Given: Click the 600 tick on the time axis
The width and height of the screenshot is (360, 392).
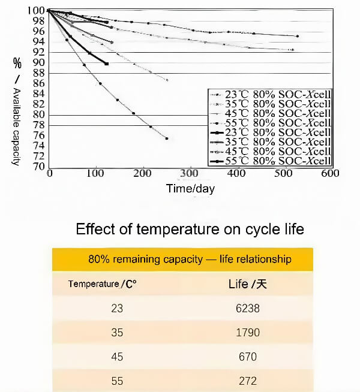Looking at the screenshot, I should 330,173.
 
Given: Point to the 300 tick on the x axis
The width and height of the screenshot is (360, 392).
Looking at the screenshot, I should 190,173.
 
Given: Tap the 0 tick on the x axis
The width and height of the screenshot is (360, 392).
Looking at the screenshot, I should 49,173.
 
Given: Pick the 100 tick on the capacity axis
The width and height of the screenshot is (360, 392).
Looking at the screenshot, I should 35,11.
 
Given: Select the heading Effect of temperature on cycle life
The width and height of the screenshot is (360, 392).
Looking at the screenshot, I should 190,229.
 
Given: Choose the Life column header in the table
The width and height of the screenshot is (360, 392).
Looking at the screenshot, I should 247,284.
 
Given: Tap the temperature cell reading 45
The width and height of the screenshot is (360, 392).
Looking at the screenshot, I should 117,357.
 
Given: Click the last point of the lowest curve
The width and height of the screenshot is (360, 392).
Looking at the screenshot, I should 166,138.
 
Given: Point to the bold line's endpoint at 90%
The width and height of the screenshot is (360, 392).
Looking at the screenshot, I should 106,64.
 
